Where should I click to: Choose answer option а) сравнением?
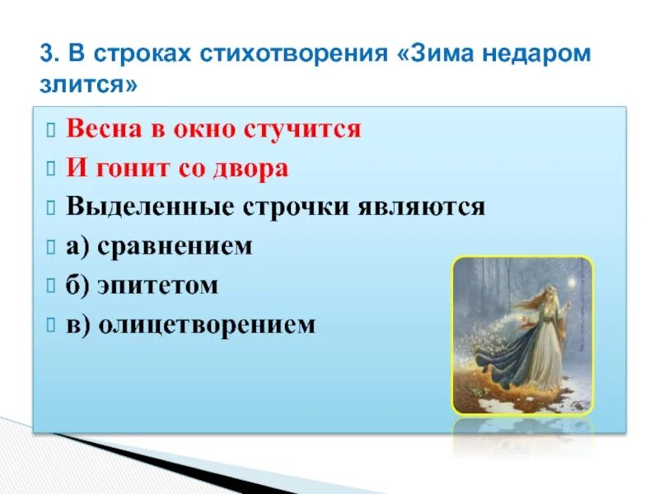pyautogui.click(x=159, y=246)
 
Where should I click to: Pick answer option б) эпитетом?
pyautogui.click(x=142, y=285)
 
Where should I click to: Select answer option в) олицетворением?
pyautogui.click(x=190, y=324)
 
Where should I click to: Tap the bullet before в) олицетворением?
pyautogui.click(x=51, y=325)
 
